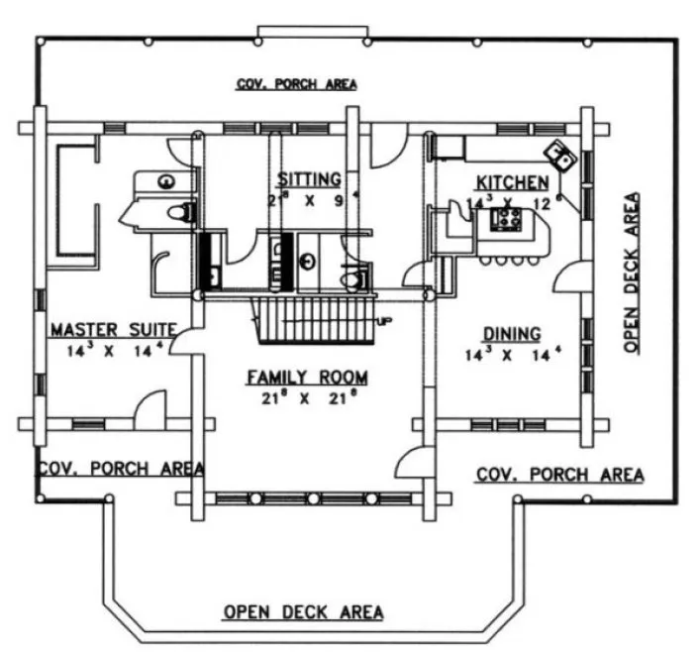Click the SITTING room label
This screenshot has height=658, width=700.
point(309,179)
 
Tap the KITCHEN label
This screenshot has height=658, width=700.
point(512,182)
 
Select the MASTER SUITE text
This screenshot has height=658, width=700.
point(114,328)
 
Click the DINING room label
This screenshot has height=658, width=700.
point(511,333)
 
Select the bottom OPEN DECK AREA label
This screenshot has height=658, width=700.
point(303,611)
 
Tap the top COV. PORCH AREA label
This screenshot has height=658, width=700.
point(296,85)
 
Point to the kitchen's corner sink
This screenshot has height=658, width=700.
point(561,154)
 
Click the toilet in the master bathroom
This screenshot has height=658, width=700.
point(178,211)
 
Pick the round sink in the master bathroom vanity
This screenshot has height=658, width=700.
point(165,180)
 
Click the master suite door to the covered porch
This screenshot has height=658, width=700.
point(148,410)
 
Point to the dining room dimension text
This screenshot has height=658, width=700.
point(511,354)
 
